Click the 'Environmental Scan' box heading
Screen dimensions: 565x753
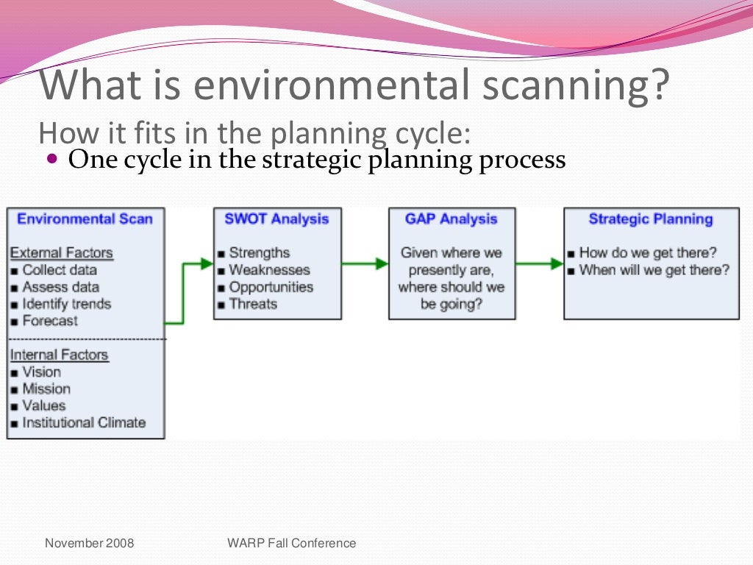click(x=85, y=219)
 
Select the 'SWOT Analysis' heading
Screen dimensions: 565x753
click(x=276, y=219)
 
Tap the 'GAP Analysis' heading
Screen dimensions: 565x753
click(x=451, y=219)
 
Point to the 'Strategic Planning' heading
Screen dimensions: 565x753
click(x=651, y=219)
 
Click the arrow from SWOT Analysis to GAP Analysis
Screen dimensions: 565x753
click(x=365, y=263)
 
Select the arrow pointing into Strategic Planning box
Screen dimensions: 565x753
click(x=540, y=263)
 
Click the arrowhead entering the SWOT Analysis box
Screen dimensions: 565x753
click(x=207, y=263)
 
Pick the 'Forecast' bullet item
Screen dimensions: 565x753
click(x=49, y=321)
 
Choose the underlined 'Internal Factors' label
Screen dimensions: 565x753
click(x=59, y=355)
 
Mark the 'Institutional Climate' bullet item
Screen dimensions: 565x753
click(x=83, y=423)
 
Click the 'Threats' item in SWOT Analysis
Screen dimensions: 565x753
click(x=252, y=304)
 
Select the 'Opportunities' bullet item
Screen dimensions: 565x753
click(x=271, y=287)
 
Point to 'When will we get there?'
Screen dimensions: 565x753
click(x=654, y=270)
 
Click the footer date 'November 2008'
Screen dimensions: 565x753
click(x=90, y=544)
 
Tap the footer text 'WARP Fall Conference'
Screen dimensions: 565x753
click(x=292, y=544)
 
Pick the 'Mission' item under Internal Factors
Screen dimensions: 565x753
click(x=46, y=389)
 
